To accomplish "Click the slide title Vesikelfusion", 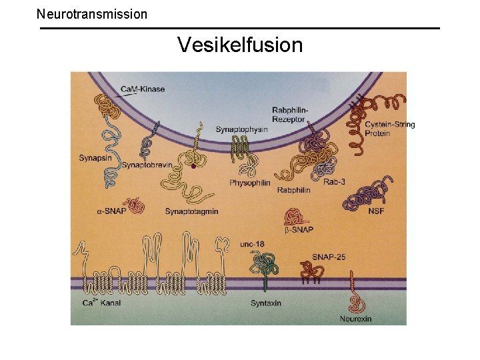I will coord(240,45).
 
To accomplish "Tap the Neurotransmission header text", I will coord(92,13).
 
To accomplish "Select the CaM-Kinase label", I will coord(143,89).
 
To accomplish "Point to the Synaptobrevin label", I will coord(147,165).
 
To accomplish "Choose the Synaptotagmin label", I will coord(191,211).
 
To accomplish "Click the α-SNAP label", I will coord(111,211).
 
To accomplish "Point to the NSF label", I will coord(376,211).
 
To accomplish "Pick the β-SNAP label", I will coord(299,230).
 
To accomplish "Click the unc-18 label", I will coord(252,244).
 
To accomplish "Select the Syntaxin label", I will coord(265,303).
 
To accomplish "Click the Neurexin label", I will coord(355,319).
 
